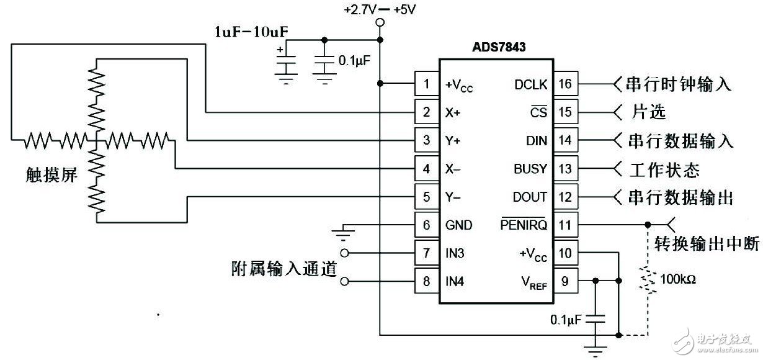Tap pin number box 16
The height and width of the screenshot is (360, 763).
click(x=565, y=84)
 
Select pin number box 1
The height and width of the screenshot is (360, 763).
click(x=427, y=84)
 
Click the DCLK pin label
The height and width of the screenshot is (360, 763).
click(x=530, y=84)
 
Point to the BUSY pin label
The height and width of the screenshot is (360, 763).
click(x=530, y=169)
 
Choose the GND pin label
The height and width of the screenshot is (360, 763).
click(x=458, y=225)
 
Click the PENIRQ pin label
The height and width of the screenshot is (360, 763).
click(x=524, y=225)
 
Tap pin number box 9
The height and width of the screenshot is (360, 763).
click(x=565, y=281)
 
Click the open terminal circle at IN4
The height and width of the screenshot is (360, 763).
click(x=345, y=281)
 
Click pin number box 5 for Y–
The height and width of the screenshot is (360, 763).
click(x=427, y=197)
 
